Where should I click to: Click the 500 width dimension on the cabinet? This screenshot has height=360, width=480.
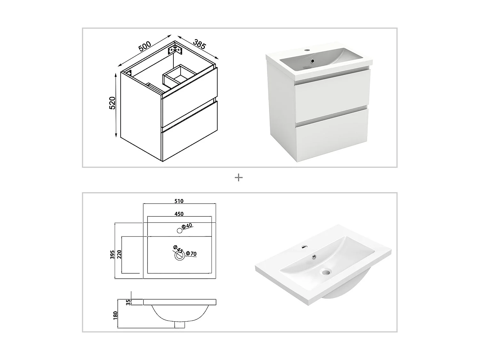(x=145, y=46)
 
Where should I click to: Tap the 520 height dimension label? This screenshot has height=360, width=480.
(x=112, y=103)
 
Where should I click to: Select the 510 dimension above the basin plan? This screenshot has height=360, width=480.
(x=179, y=201)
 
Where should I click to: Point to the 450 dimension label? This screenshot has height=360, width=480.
(x=179, y=214)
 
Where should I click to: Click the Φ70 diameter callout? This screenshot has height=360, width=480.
(x=191, y=254)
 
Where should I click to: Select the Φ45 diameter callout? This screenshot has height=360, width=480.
(x=178, y=249)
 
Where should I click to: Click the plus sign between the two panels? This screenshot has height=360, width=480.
(x=239, y=177)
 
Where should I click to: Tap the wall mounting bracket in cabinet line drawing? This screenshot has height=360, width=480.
(x=175, y=50)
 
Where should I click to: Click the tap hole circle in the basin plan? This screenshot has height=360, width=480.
(x=179, y=230)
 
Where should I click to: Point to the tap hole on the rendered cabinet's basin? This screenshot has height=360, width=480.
(x=307, y=50)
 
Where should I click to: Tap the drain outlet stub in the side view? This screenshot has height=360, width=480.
(x=180, y=324)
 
